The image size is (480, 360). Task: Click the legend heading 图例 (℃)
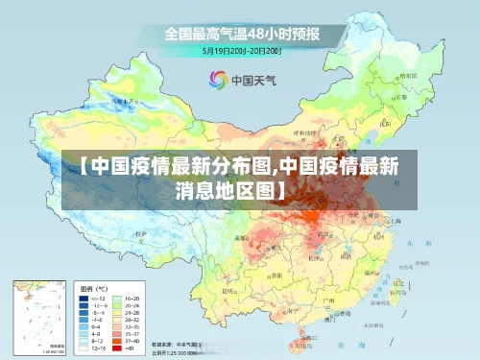(x=93, y=288)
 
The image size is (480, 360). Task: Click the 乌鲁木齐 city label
(x=124, y=99)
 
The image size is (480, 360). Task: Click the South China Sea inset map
(x=37, y=316)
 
